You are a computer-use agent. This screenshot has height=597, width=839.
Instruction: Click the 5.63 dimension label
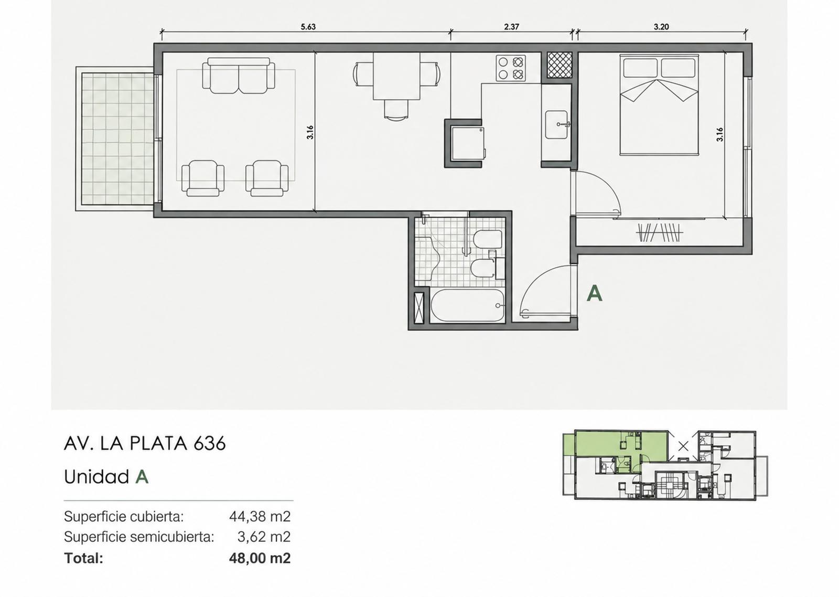point(308,27)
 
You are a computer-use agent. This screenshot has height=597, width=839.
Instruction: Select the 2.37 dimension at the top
point(512,27)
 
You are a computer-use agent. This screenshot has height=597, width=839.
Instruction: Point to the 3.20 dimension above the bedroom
point(661,27)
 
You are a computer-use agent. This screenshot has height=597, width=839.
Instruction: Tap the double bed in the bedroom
point(660,104)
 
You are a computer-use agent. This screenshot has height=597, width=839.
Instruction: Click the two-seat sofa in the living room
point(239,76)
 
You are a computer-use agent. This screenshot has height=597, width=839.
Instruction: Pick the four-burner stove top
point(511,68)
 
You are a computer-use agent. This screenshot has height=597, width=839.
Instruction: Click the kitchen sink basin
point(556,124)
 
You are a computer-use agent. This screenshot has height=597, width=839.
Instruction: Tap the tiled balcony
point(115,138)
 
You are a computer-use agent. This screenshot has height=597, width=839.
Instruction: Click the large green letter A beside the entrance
point(595,293)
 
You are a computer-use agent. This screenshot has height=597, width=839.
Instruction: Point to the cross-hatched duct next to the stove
point(559,65)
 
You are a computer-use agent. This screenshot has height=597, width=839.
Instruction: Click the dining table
point(396,76)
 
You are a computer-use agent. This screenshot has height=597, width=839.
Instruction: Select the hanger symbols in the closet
point(659,232)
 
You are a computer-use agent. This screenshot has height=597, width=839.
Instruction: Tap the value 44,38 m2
point(260,517)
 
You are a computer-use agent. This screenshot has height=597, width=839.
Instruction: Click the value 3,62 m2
point(264,537)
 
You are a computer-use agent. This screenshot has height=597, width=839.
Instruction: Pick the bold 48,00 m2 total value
point(260,558)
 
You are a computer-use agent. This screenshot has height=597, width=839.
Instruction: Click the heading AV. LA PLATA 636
point(145,444)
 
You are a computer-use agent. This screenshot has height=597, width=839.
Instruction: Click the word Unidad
point(96,477)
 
